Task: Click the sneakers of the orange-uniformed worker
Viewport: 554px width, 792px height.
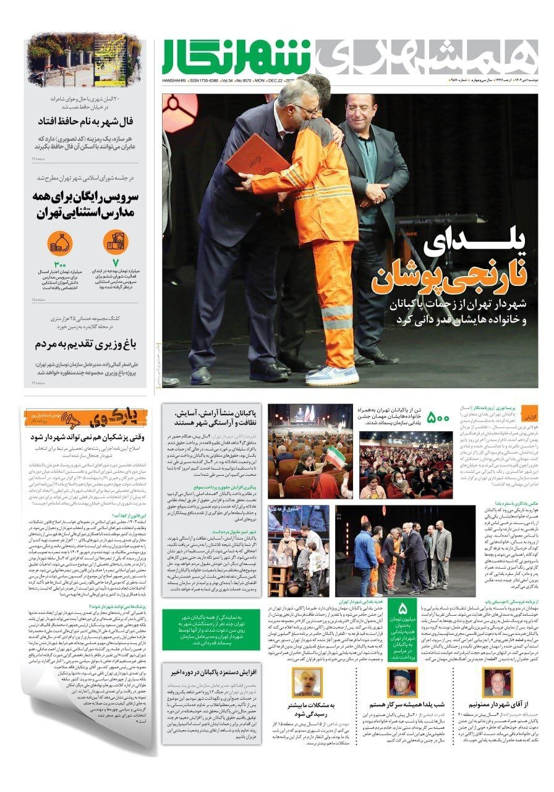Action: click(x=332, y=374)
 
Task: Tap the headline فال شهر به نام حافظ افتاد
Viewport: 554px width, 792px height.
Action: click(x=85, y=121)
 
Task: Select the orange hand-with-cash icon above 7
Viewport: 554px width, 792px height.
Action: click(x=114, y=241)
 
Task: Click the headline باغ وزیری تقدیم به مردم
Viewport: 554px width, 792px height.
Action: click(x=85, y=343)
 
